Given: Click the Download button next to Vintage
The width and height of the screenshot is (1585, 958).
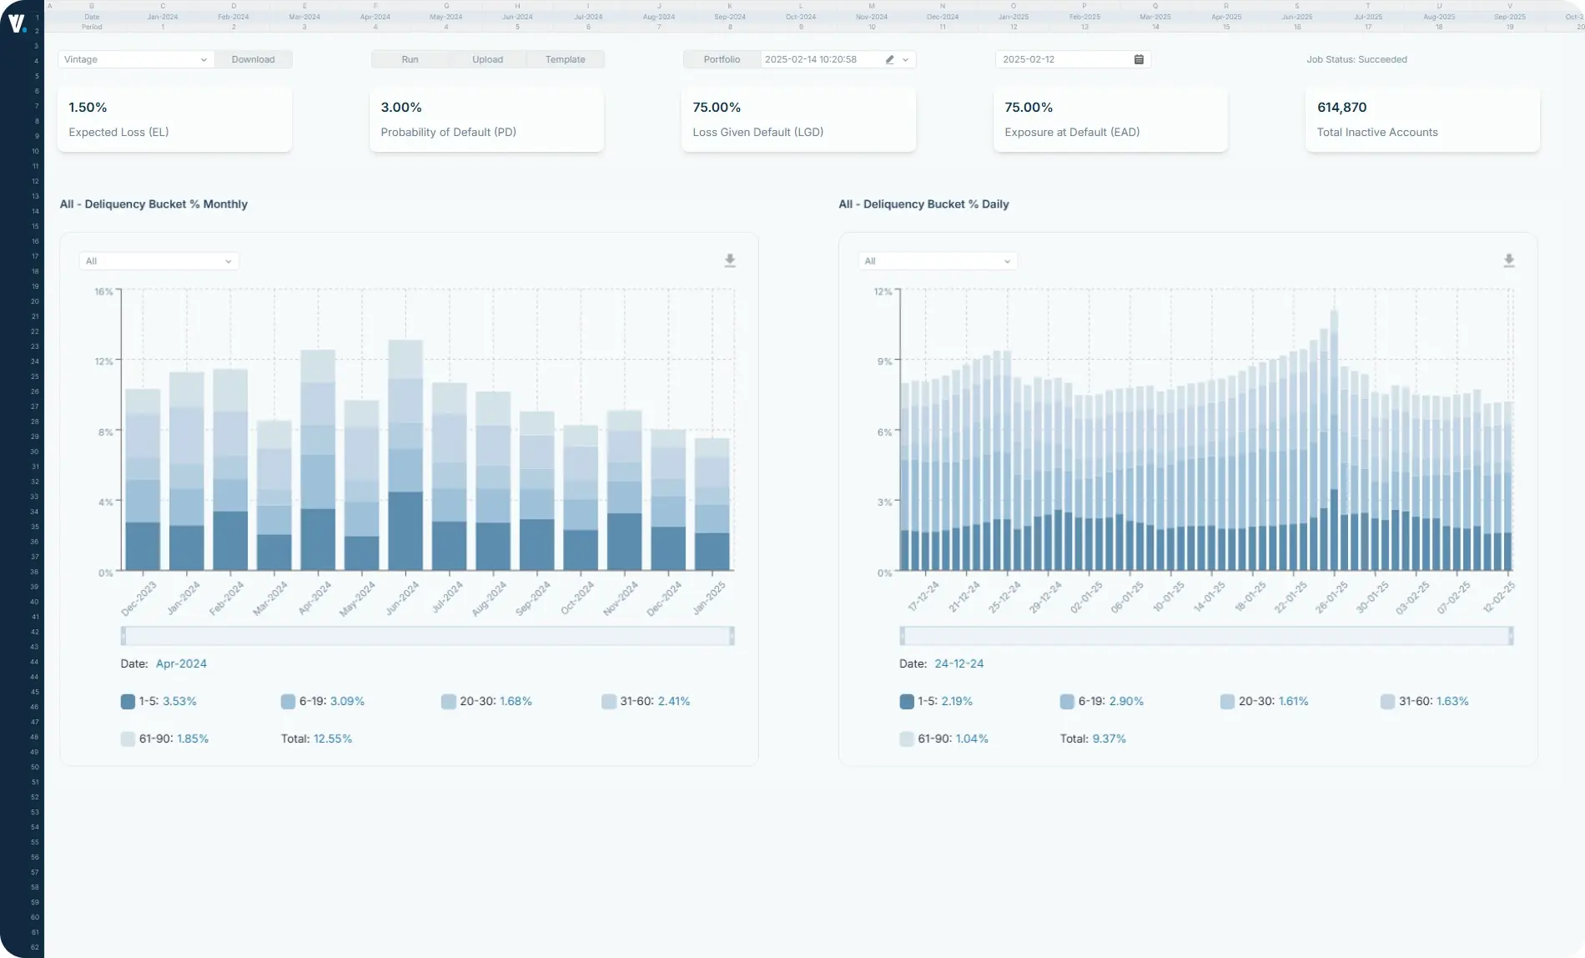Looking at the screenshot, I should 253,59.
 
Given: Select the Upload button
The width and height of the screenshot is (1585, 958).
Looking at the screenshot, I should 487,59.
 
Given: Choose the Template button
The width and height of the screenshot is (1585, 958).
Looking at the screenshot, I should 565,59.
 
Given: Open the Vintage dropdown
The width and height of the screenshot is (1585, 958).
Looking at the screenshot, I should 135,59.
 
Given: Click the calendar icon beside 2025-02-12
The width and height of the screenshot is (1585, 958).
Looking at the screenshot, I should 1139,59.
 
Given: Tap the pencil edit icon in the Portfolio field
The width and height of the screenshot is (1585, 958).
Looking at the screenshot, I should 889,59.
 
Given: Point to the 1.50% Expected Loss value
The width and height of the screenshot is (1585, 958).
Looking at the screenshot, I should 88,108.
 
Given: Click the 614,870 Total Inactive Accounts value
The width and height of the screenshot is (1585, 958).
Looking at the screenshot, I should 1341,108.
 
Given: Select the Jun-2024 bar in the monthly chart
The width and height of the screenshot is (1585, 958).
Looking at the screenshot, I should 405,455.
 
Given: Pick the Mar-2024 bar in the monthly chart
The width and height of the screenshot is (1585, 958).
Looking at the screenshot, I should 274,496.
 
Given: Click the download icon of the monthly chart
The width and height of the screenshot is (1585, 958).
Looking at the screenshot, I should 730,260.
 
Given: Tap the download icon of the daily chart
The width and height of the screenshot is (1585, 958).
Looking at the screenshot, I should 1509,260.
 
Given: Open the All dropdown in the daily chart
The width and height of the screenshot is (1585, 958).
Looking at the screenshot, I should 938,261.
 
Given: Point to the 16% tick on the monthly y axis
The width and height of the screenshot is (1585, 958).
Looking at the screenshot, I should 103,292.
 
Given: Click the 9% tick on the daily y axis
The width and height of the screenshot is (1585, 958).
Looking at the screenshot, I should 884,361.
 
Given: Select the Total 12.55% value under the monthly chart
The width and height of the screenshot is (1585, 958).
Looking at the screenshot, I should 332,739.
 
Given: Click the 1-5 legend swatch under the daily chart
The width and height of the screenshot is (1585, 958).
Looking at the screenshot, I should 907,702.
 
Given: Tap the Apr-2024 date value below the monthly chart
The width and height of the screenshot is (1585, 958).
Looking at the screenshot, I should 181,663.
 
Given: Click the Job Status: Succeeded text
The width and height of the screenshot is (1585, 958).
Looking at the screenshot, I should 1356,59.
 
